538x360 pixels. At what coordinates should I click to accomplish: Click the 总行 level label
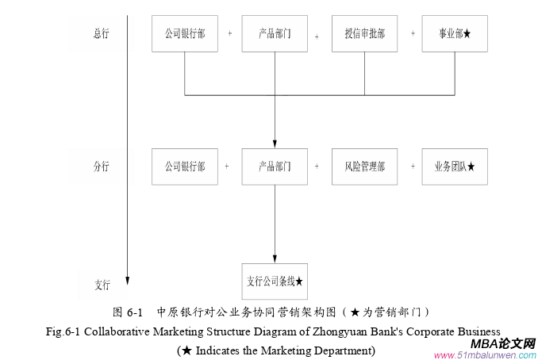pyautogui.click(x=102, y=33)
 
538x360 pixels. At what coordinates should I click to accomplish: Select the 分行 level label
pyautogui.click(x=102, y=167)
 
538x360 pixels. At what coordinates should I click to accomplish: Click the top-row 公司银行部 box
pyautogui.click(x=185, y=33)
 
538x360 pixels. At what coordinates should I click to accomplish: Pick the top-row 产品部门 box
pyautogui.click(x=275, y=33)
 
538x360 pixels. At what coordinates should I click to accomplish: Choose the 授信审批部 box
pyautogui.click(x=365, y=33)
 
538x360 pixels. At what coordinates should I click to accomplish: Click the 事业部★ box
pyautogui.click(x=455, y=33)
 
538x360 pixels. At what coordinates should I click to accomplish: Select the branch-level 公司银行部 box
pyautogui.click(x=185, y=167)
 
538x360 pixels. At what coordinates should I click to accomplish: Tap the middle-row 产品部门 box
pyautogui.click(x=275, y=167)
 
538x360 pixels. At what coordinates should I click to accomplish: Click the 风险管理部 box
pyautogui.click(x=365, y=167)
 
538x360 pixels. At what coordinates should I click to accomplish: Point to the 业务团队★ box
pyautogui.click(x=455, y=167)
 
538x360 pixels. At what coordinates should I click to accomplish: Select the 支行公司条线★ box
pyautogui.click(x=275, y=281)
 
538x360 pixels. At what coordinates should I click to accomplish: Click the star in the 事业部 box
pyautogui.click(x=467, y=34)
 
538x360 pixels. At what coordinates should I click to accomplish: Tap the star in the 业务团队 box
pyautogui.click(x=471, y=167)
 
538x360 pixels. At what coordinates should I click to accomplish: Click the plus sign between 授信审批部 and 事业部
pyautogui.click(x=413, y=34)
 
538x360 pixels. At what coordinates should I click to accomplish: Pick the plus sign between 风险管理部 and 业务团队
pyautogui.click(x=413, y=167)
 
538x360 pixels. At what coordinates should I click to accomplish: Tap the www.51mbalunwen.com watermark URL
pyautogui.click(x=485, y=354)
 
